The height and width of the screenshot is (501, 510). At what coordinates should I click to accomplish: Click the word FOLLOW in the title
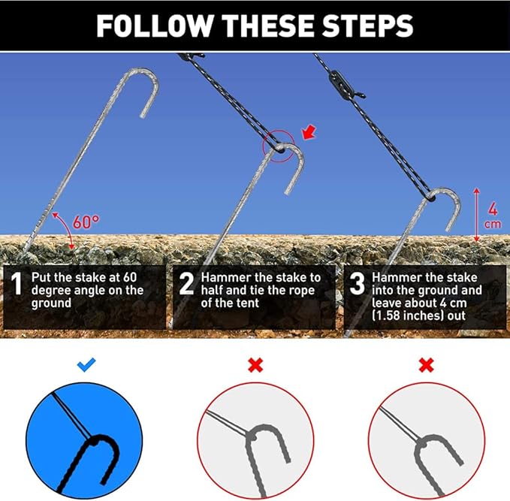pyautogui.click(x=155, y=26)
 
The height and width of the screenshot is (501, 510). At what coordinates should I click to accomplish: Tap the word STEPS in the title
pyautogui.click(x=367, y=26)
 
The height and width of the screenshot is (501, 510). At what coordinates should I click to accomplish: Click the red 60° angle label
pyautogui.click(x=86, y=222)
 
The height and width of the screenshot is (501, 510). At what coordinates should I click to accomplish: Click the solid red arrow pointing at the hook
pyautogui.click(x=309, y=131)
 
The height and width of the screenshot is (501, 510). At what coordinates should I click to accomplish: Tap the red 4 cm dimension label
pyautogui.click(x=493, y=216)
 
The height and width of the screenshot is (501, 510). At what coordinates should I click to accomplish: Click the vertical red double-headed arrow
pyautogui.click(x=476, y=215)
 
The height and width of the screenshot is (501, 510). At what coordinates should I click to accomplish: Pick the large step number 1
pyautogui.click(x=17, y=284)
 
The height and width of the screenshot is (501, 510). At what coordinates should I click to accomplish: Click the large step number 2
pyautogui.click(x=186, y=284)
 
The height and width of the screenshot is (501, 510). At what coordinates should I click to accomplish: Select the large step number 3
pyautogui.click(x=357, y=284)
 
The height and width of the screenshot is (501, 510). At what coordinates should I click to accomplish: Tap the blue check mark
pyautogui.click(x=86, y=365)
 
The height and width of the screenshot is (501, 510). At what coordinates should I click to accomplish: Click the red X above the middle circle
pyautogui.click(x=255, y=365)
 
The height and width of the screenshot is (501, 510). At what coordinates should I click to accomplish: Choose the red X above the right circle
pyautogui.click(x=427, y=365)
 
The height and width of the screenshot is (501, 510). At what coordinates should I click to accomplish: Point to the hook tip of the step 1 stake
pyautogui.click(x=143, y=115)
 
